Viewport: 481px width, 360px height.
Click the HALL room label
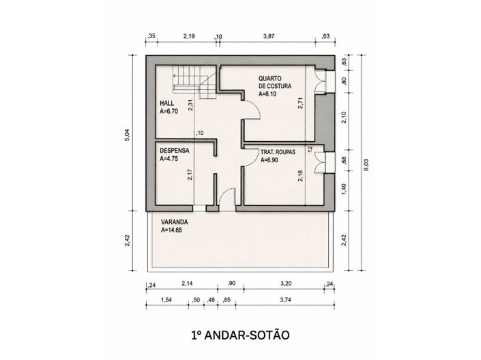click(x=167, y=103)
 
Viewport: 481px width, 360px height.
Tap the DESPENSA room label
click(x=175, y=151)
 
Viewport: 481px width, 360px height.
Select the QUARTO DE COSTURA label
click(x=274, y=82)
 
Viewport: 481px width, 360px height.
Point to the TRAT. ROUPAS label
click(x=278, y=152)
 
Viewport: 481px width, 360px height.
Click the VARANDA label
click(x=175, y=222)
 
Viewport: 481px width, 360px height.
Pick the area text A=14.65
click(x=171, y=230)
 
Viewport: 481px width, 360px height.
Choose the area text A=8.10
click(x=267, y=94)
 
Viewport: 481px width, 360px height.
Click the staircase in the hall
click(x=194, y=82)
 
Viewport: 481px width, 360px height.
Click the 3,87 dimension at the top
click(x=269, y=36)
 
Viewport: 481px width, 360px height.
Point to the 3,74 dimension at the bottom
click(x=285, y=300)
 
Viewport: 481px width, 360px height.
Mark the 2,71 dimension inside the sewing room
click(x=301, y=103)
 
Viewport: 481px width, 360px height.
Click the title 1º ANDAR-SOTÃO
click(x=240, y=335)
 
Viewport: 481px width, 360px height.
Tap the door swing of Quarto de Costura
click(x=252, y=110)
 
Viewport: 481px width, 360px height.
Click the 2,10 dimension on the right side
click(x=344, y=117)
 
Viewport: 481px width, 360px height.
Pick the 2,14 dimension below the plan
click(x=187, y=284)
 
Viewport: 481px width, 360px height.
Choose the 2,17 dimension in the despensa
click(x=190, y=175)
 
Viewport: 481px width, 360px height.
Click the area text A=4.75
click(x=169, y=159)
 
